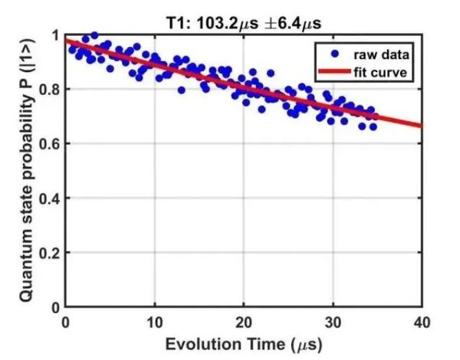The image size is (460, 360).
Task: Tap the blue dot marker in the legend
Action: pos(335,54)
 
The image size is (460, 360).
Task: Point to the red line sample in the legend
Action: pos(335,72)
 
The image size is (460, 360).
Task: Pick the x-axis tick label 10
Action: pos(155,321)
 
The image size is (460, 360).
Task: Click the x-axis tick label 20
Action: pos(244,321)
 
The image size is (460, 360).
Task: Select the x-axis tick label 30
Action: pos(333,321)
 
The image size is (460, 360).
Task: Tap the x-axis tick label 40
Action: pos(421,321)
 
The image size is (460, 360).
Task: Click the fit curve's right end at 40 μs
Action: pos(421,125)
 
